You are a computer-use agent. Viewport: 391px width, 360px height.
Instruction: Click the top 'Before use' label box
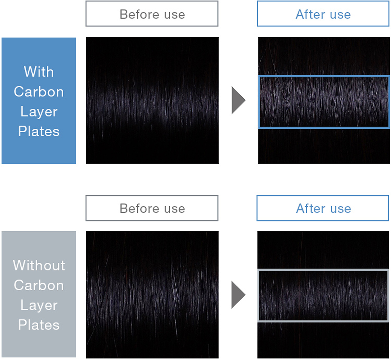click(152, 14)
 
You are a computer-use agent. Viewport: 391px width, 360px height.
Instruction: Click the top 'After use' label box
click(323, 14)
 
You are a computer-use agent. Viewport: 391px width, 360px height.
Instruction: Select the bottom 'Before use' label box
click(152, 208)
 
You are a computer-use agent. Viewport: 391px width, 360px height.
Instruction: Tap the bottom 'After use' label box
click(323, 208)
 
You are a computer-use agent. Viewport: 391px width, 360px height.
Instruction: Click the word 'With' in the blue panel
click(39, 72)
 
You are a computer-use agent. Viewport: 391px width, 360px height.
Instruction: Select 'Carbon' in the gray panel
click(39, 285)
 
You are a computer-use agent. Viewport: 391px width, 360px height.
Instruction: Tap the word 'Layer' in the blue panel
click(39, 112)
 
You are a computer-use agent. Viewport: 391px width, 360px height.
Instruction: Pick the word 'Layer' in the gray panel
click(39, 305)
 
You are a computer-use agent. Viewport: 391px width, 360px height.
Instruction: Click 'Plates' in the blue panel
click(39, 131)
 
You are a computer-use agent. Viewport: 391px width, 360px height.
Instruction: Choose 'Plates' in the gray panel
click(39, 325)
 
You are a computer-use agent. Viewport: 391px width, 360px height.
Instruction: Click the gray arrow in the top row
click(238, 100)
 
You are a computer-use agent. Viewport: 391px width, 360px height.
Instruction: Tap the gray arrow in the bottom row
click(238, 295)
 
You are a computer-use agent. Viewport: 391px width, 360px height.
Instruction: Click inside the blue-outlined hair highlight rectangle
click(324, 102)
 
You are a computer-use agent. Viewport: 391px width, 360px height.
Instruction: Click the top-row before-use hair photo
click(152, 100)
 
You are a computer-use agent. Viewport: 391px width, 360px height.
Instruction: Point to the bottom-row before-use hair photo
click(152, 295)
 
